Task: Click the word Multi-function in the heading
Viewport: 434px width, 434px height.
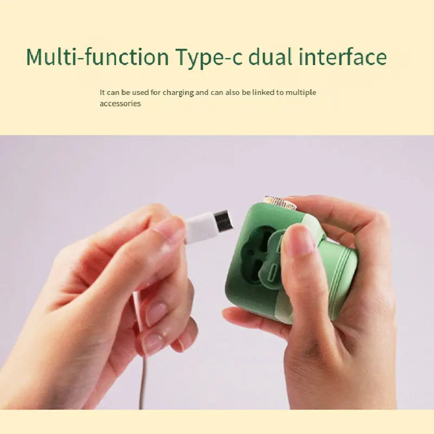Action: pos(98,56)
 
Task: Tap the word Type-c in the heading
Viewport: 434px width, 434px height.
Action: pos(209,58)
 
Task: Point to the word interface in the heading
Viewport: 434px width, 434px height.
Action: pos(343,56)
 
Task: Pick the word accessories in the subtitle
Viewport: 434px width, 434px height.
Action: pos(120,104)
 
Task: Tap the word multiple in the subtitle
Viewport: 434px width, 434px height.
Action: pos(301,93)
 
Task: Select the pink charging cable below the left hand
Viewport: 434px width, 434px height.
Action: pos(142,360)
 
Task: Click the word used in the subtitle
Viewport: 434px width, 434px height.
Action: pos(141,92)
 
